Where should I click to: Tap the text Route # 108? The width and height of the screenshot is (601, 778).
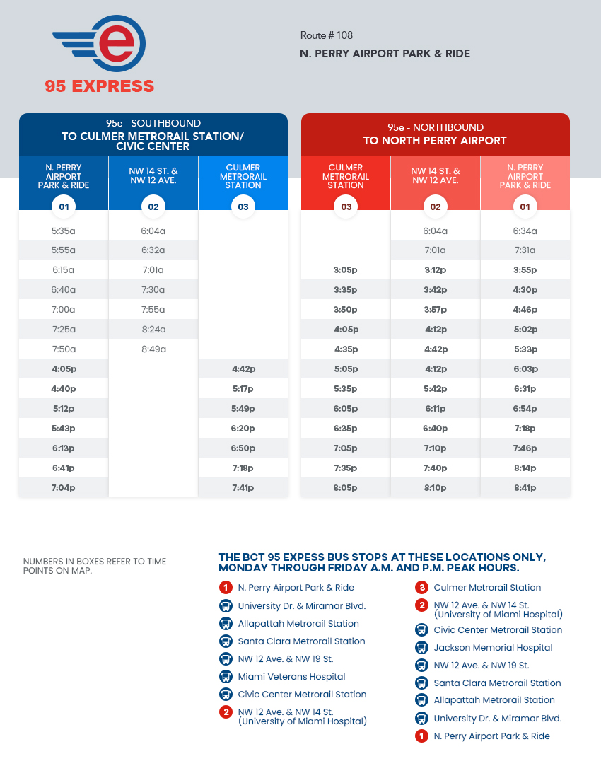[x=327, y=35]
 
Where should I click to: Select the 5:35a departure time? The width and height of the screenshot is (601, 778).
[x=64, y=231]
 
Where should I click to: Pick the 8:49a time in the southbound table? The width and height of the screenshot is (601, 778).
[x=153, y=349]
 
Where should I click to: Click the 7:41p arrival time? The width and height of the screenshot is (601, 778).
[x=243, y=488]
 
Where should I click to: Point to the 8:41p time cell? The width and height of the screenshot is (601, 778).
[x=525, y=488]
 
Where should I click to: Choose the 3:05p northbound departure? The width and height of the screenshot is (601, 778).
[x=346, y=270]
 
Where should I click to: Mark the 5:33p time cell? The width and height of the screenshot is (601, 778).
[x=525, y=349]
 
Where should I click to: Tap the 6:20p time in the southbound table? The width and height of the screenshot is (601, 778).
[x=243, y=429]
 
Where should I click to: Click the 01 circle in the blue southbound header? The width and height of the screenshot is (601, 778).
[x=64, y=207]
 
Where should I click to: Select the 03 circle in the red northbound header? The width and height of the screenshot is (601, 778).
[x=346, y=207]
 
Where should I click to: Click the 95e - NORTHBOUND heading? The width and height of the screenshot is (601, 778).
[x=435, y=128]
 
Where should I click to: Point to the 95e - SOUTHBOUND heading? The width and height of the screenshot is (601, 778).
[x=153, y=123]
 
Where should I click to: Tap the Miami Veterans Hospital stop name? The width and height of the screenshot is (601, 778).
[x=291, y=677]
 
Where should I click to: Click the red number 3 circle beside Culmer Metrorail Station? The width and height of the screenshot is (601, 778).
[x=421, y=588]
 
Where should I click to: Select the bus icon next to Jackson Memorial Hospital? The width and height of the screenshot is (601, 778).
[x=421, y=648]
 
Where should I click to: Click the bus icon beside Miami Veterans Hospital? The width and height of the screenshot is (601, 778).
[x=226, y=677]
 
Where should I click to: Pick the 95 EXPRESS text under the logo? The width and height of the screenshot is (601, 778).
[x=100, y=86]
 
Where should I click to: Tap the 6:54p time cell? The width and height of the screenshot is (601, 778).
[x=525, y=409]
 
